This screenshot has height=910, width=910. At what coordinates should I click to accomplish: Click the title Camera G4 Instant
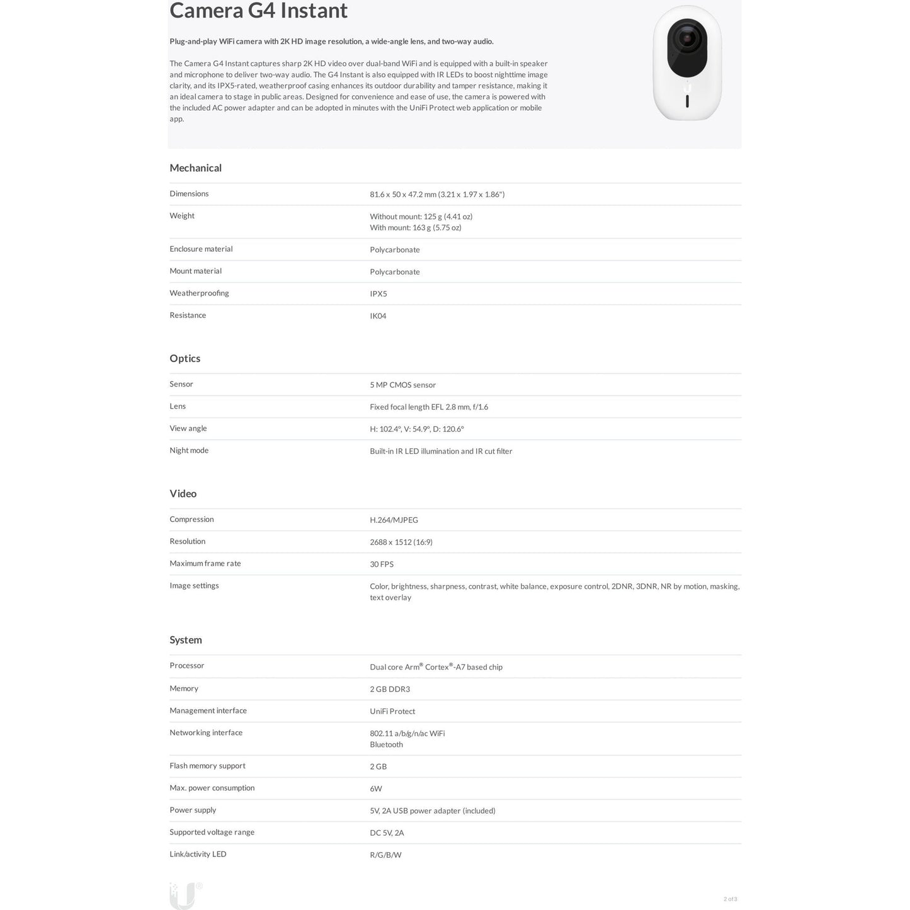(x=258, y=11)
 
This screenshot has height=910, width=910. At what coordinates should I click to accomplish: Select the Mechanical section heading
(x=195, y=168)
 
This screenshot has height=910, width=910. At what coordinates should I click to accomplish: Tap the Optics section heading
(x=185, y=358)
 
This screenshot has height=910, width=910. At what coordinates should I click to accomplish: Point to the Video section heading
(x=183, y=494)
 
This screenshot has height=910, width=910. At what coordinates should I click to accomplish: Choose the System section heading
(x=185, y=640)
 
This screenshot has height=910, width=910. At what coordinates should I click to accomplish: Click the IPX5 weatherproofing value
(x=378, y=294)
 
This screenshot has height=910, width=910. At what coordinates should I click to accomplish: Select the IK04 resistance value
(x=378, y=316)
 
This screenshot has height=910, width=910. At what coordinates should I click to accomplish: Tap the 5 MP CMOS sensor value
(x=402, y=385)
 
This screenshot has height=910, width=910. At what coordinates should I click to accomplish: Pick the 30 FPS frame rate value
(x=381, y=564)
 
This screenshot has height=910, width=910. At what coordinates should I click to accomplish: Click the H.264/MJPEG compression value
(x=394, y=520)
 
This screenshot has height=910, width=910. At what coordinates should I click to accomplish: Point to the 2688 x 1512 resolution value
(x=401, y=542)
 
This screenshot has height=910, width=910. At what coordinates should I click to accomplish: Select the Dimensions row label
(x=189, y=194)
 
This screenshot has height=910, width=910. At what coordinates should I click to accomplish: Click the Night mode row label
(x=189, y=450)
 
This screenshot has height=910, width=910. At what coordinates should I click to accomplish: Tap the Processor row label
(x=186, y=666)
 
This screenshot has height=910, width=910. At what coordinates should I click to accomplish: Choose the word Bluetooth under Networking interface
(x=386, y=745)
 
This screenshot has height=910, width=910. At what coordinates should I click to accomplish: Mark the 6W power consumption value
(x=375, y=789)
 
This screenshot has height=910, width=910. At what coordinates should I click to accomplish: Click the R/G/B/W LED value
(x=385, y=855)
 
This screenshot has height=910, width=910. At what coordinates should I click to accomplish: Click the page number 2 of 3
(x=730, y=899)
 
